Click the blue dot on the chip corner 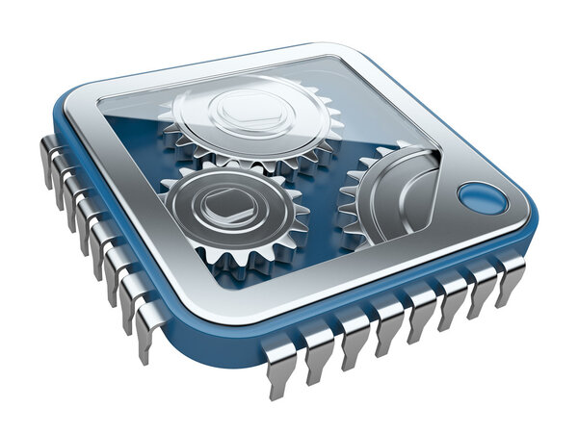[x=482, y=198]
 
